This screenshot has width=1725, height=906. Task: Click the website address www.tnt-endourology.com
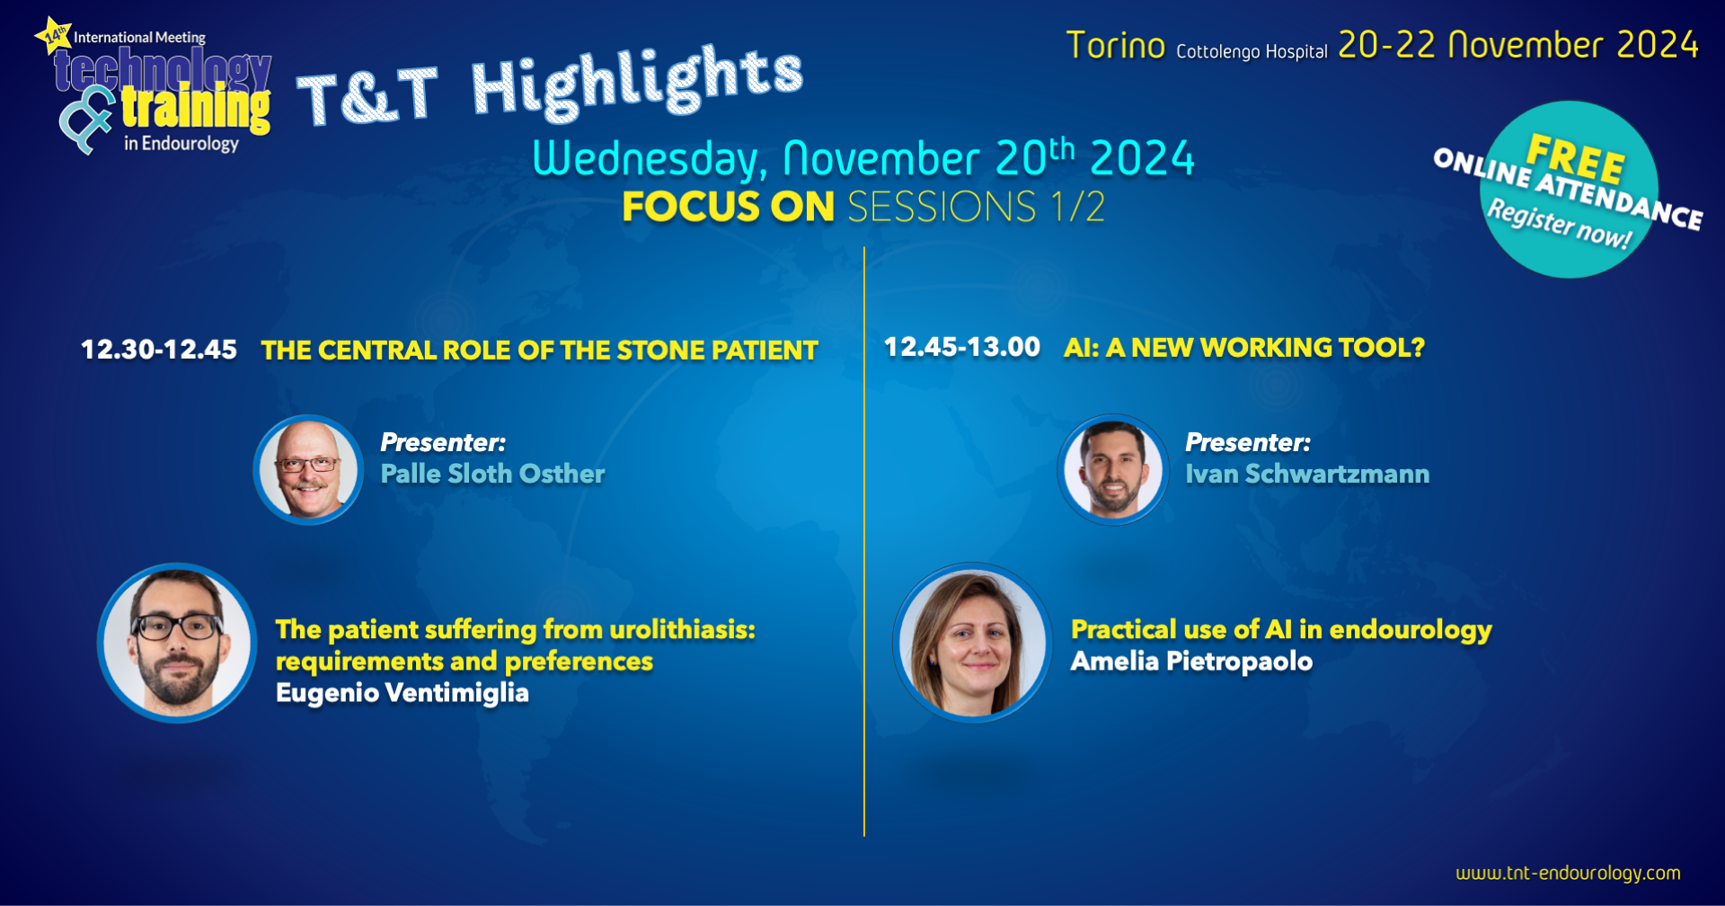1568,873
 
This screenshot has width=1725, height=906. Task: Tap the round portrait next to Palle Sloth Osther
308,469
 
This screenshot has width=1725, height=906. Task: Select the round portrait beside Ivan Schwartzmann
1113,469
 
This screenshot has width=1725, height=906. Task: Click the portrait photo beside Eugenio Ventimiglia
177,643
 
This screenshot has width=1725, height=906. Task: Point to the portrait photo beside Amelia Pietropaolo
973,643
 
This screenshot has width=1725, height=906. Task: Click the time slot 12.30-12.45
159,350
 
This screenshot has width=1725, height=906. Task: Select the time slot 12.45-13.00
962,347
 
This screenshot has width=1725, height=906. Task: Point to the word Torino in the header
1115,46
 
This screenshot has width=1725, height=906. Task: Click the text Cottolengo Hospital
1252,51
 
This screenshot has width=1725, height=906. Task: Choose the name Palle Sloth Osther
492,474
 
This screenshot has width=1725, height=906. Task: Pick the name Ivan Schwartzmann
1307,474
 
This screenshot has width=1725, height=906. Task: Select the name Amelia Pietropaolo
1191,662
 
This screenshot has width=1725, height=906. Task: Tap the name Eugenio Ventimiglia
402,693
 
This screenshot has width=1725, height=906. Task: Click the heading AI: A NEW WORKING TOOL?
1244,347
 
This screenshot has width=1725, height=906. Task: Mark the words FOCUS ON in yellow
729,207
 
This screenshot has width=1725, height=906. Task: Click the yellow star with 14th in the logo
54,36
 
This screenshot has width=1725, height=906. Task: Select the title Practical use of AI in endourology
1281,630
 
